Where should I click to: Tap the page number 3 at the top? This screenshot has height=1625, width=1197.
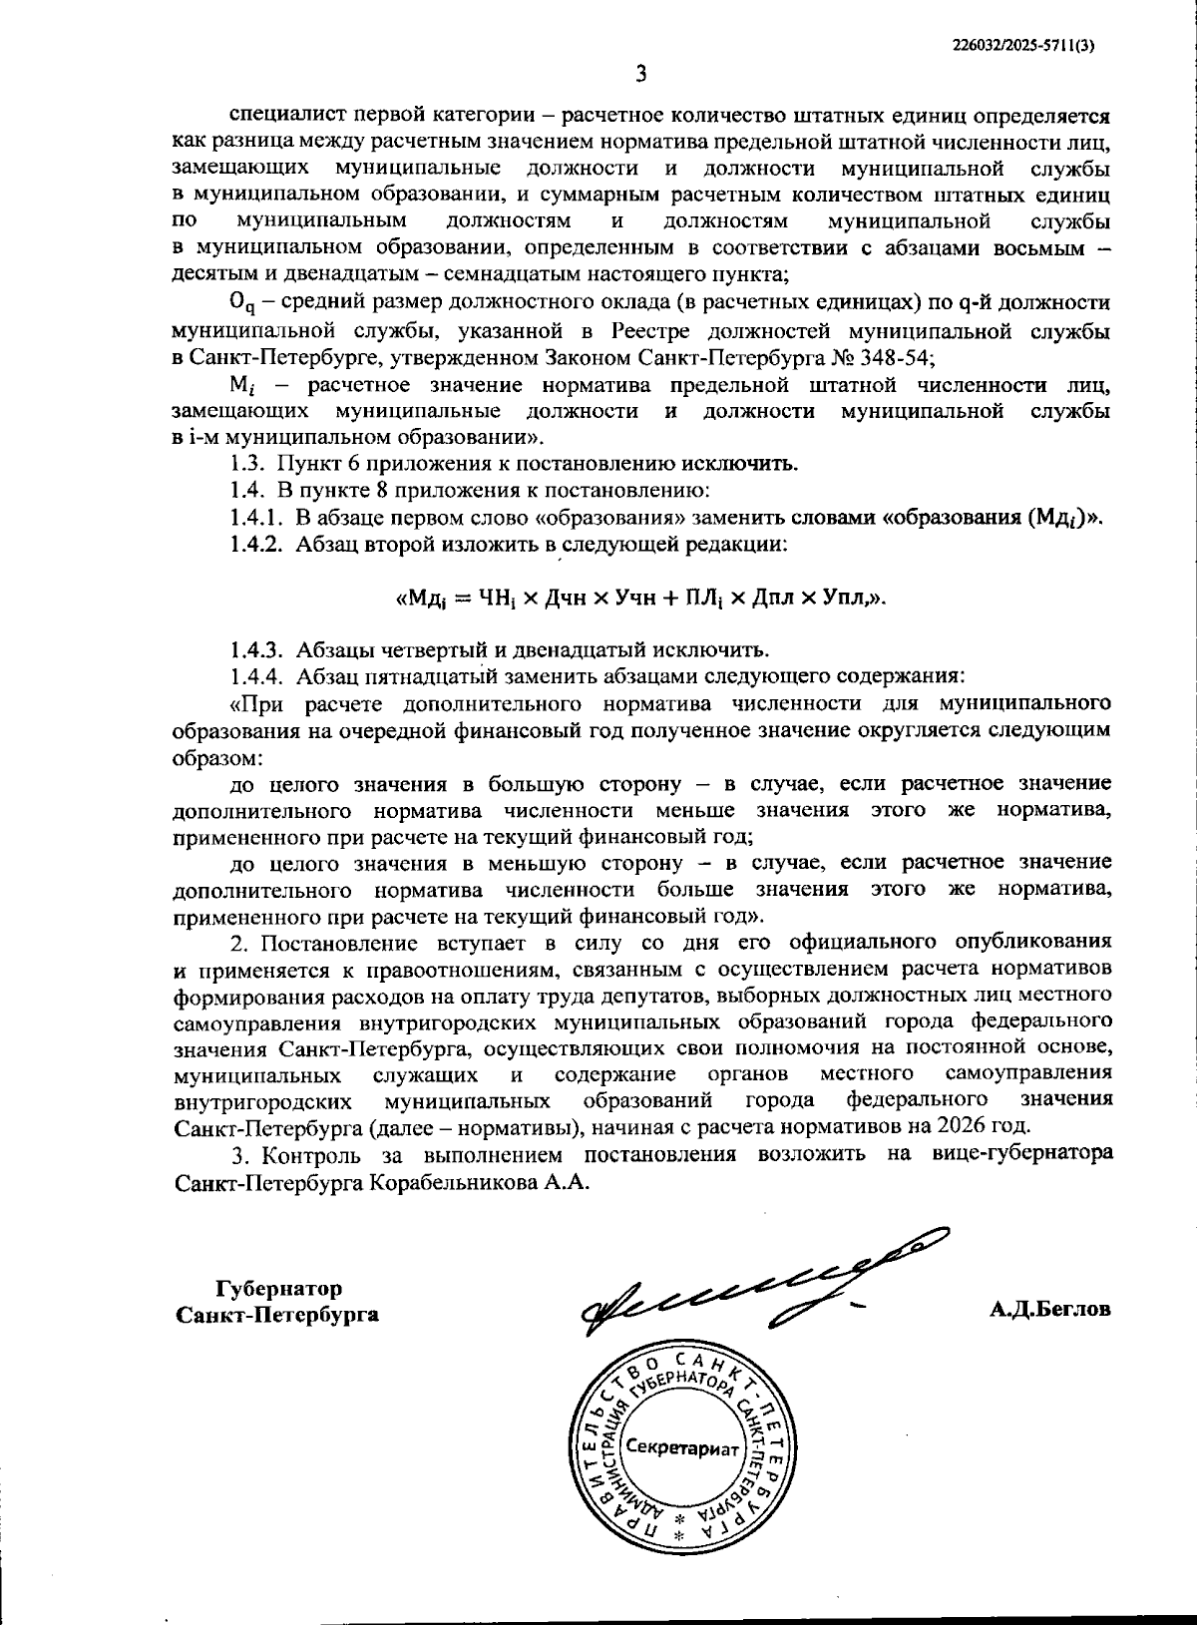642,74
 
